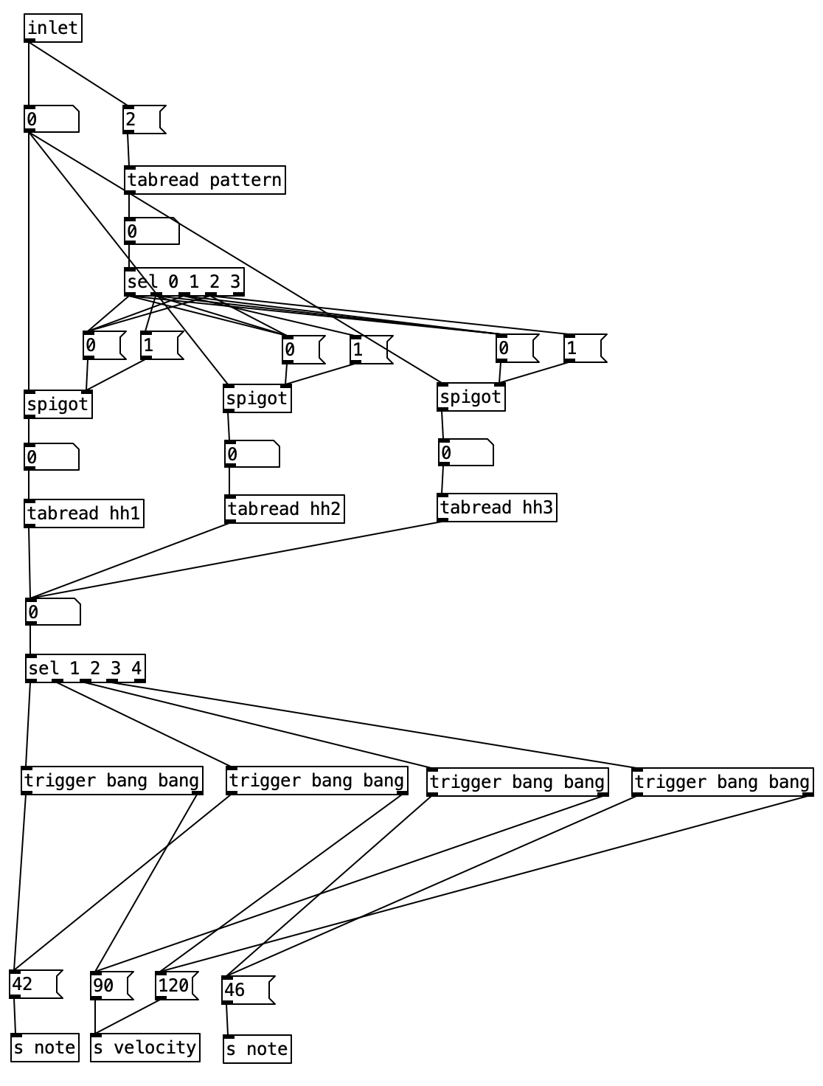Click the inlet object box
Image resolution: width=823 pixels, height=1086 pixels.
click(52, 29)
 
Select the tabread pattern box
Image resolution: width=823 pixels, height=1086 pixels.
click(205, 180)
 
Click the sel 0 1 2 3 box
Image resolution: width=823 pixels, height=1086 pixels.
click(184, 281)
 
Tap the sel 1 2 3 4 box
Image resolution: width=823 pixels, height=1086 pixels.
click(86, 668)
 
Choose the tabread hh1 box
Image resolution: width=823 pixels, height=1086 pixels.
click(84, 513)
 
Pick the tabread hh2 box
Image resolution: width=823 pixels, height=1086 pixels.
click(284, 509)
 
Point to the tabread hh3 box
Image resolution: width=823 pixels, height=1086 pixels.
click(496, 508)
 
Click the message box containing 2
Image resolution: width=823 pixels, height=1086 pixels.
click(143, 120)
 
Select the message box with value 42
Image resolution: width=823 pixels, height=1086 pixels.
click(35, 984)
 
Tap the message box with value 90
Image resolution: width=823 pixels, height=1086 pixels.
click(111, 986)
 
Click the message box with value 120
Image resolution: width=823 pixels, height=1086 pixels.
click(176, 986)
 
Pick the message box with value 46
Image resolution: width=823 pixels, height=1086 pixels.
click(247, 990)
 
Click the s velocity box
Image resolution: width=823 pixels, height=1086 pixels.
click(145, 1048)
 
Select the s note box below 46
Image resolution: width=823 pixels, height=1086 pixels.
click(257, 1049)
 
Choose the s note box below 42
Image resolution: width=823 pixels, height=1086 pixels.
click(45, 1048)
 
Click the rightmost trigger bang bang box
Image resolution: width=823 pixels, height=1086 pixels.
click(723, 782)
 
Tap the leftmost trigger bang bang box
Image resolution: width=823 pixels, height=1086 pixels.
click(112, 781)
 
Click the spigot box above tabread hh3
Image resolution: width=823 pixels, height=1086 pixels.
click(470, 398)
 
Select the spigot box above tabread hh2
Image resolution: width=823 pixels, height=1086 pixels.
click(257, 399)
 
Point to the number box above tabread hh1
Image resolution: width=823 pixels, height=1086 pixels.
click(52, 457)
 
